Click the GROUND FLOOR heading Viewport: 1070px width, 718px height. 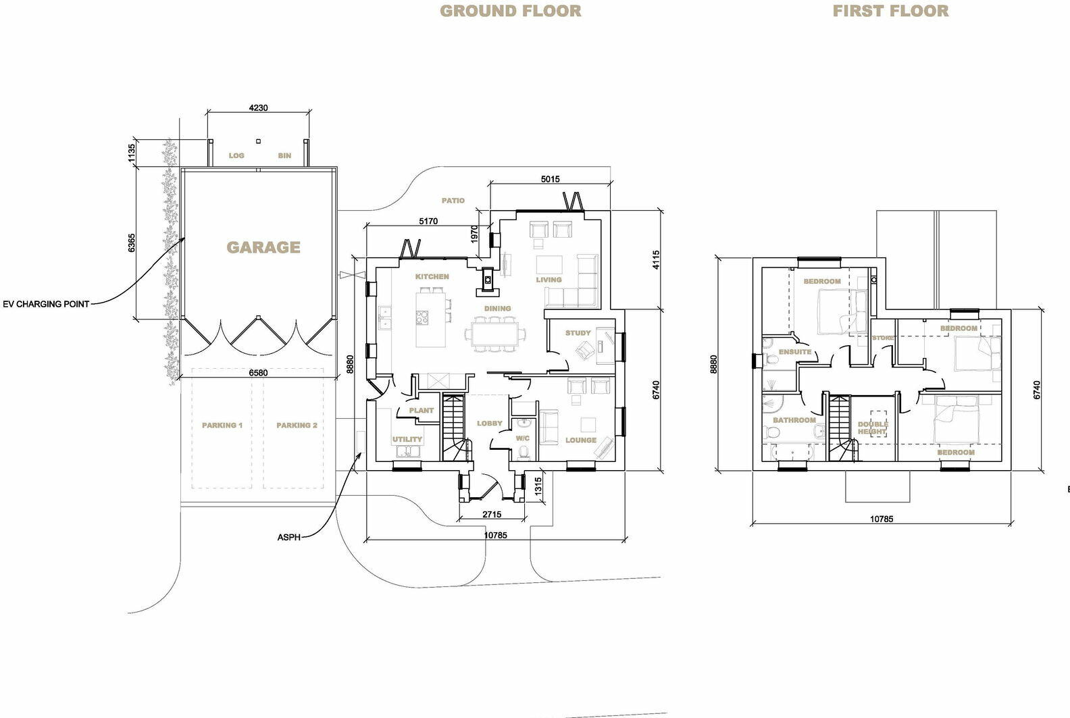(x=510, y=11)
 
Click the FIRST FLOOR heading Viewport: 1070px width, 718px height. (x=890, y=11)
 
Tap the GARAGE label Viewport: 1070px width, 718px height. (x=263, y=247)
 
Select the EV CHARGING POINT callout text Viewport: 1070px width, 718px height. (x=46, y=304)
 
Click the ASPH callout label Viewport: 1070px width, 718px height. (x=288, y=538)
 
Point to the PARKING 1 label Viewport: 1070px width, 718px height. (x=222, y=426)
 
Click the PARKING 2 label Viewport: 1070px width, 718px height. (x=297, y=426)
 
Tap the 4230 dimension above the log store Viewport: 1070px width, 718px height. (x=258, y=107)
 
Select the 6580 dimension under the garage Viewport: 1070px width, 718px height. (x=258, y=373)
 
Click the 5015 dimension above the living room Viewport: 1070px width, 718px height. (x=550, y=179)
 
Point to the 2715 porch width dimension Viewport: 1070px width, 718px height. (x=492, y=514)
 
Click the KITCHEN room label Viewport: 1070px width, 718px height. (x=432, y=276)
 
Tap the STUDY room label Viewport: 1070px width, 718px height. (x=578, y=333)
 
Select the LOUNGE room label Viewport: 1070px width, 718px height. (x=581, y=440)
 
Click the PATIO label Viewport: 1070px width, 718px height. (x=453, y=201)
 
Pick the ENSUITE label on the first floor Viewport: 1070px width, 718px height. (x=794, y=352)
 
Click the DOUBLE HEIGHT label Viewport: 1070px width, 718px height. (x=872, y=428)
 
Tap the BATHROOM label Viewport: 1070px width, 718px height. (x=794, y=420)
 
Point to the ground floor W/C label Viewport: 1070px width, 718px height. (x=523, y=438)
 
